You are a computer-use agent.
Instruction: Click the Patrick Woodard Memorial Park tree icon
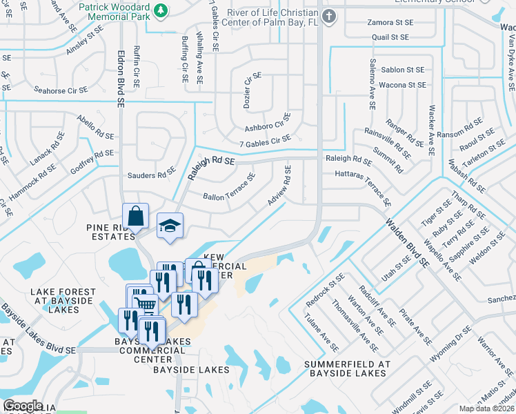click(x=160, y=11)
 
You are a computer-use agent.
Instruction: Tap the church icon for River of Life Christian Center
click(x=329, y=16)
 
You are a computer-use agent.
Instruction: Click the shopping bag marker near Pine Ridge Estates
click(x=136, y=215)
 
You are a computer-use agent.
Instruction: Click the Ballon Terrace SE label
click(x=229, y=187)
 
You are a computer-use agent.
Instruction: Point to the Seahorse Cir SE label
click(x=61, y=90)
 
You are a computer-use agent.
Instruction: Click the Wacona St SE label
click(x=404, y=85)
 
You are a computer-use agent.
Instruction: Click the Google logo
click(x=23, y=406)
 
